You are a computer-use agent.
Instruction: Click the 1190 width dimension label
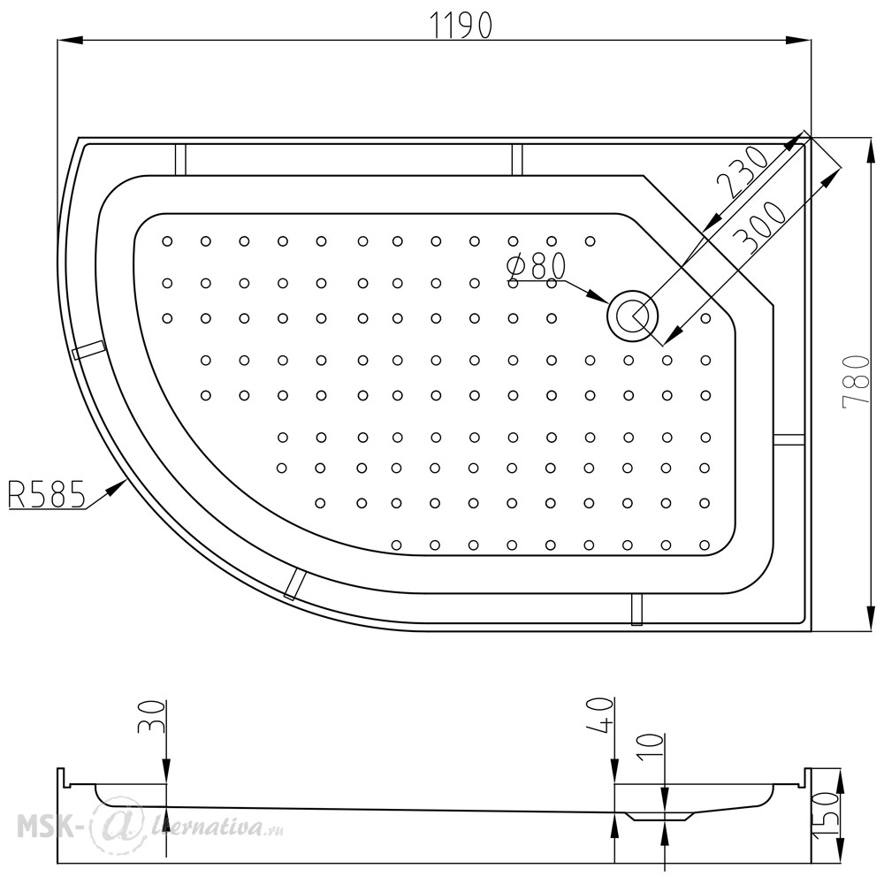(x=461, y=26)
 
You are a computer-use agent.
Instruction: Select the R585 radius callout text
(x=46, y=494)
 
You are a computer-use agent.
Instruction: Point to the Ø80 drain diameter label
(x=537, y=266)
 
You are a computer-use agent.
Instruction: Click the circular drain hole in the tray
(x=633, y=316)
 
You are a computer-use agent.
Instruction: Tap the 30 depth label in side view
(x=151, y=717)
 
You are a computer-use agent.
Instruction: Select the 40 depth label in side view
(x=599, y=715)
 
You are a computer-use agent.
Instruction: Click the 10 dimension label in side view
(x=652, y=748)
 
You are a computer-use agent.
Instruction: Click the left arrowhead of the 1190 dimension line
(x=71, y=40)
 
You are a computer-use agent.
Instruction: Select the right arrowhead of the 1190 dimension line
(x=798, y=40)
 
